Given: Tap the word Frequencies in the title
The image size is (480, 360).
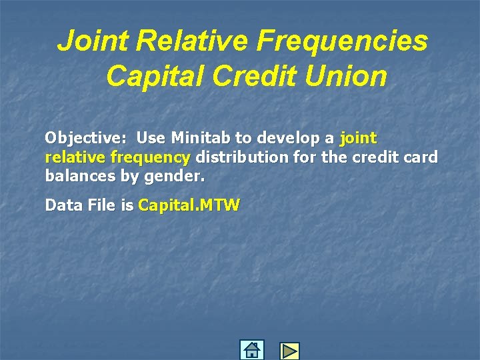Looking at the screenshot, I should click(345, 42).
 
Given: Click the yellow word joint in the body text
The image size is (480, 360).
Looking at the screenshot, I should click(358, 139).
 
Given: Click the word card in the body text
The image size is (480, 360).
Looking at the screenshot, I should click(422, 157).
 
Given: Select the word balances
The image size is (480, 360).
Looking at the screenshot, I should click(79, 177).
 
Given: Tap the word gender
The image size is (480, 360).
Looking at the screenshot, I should click(182, 177).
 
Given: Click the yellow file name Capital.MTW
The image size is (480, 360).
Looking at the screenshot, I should click(189, 205).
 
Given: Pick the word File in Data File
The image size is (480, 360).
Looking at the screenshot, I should click(99, 205).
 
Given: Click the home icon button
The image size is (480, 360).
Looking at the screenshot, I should click(251, 350).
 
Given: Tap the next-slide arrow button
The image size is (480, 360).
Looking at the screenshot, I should click(289, 351).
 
